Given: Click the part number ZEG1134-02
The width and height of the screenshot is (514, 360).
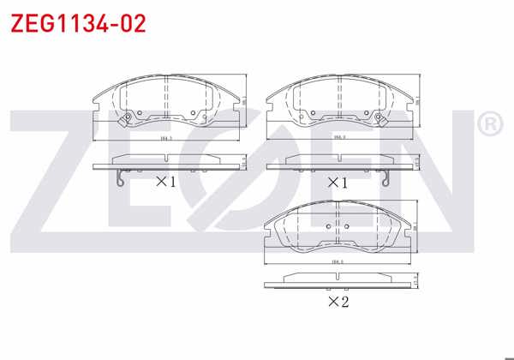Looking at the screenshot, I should pyautogui.click(x=78, y=22).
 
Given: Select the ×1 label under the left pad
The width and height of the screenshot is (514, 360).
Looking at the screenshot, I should pyautogui.click(x=165, y=182).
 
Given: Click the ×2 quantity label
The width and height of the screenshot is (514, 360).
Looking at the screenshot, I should pyautogui.click(x=338, y=301).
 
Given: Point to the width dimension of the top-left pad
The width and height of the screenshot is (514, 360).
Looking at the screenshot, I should pyautogui.click(x=165, y=137).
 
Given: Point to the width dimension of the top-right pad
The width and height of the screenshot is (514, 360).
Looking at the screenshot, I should pyautogui.click(x=339, y=137).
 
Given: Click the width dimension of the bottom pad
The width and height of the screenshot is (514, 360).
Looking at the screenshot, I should pyautogui.click(x=337, y=261).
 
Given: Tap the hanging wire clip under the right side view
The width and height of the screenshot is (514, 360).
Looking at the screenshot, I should pyautogui.click(x=389, y=179).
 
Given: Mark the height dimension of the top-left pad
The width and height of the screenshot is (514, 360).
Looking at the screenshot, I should pyautogui.click(x=243, y=100).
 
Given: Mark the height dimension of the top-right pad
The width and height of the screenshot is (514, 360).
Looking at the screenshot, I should pyautogui.click(x=418, y=100).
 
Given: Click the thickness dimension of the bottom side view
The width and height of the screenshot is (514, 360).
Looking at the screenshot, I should pyautogui.click(x=415, y=281).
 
